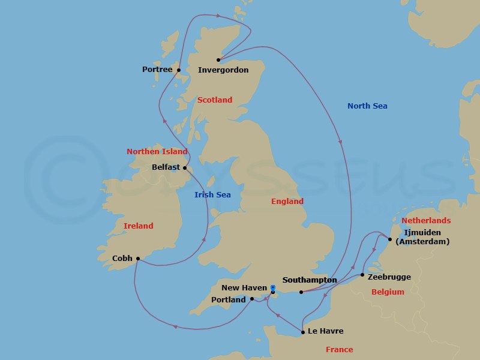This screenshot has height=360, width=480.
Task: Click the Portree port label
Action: [157, 70]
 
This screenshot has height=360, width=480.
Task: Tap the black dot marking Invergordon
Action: [218, 59]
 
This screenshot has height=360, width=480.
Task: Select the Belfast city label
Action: [166, 167]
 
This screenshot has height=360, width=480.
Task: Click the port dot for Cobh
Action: [138, 259]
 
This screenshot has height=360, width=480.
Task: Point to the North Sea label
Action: [367, 106]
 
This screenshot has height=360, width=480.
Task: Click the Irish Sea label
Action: [212, 194]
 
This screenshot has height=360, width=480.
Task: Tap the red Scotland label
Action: [214, 100]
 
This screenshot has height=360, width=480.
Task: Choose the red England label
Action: [287, 202]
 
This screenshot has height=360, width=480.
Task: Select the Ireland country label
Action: [138, 226]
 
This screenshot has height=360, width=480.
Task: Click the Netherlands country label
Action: [426, 221]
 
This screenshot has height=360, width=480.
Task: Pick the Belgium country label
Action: [388, 292]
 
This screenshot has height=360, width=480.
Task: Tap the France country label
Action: [339, 350]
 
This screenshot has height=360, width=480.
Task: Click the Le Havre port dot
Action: [303, 332]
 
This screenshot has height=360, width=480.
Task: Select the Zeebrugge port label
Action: [390, 277]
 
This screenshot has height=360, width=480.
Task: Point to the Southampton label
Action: [309, 280]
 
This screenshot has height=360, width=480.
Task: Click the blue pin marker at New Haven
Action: [273, 288]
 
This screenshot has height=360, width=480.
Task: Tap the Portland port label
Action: [229, 299]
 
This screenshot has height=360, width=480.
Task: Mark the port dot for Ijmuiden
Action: [390, 240]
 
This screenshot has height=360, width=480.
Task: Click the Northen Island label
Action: [157, 152]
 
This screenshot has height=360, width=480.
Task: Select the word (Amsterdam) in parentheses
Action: [426, 242]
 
